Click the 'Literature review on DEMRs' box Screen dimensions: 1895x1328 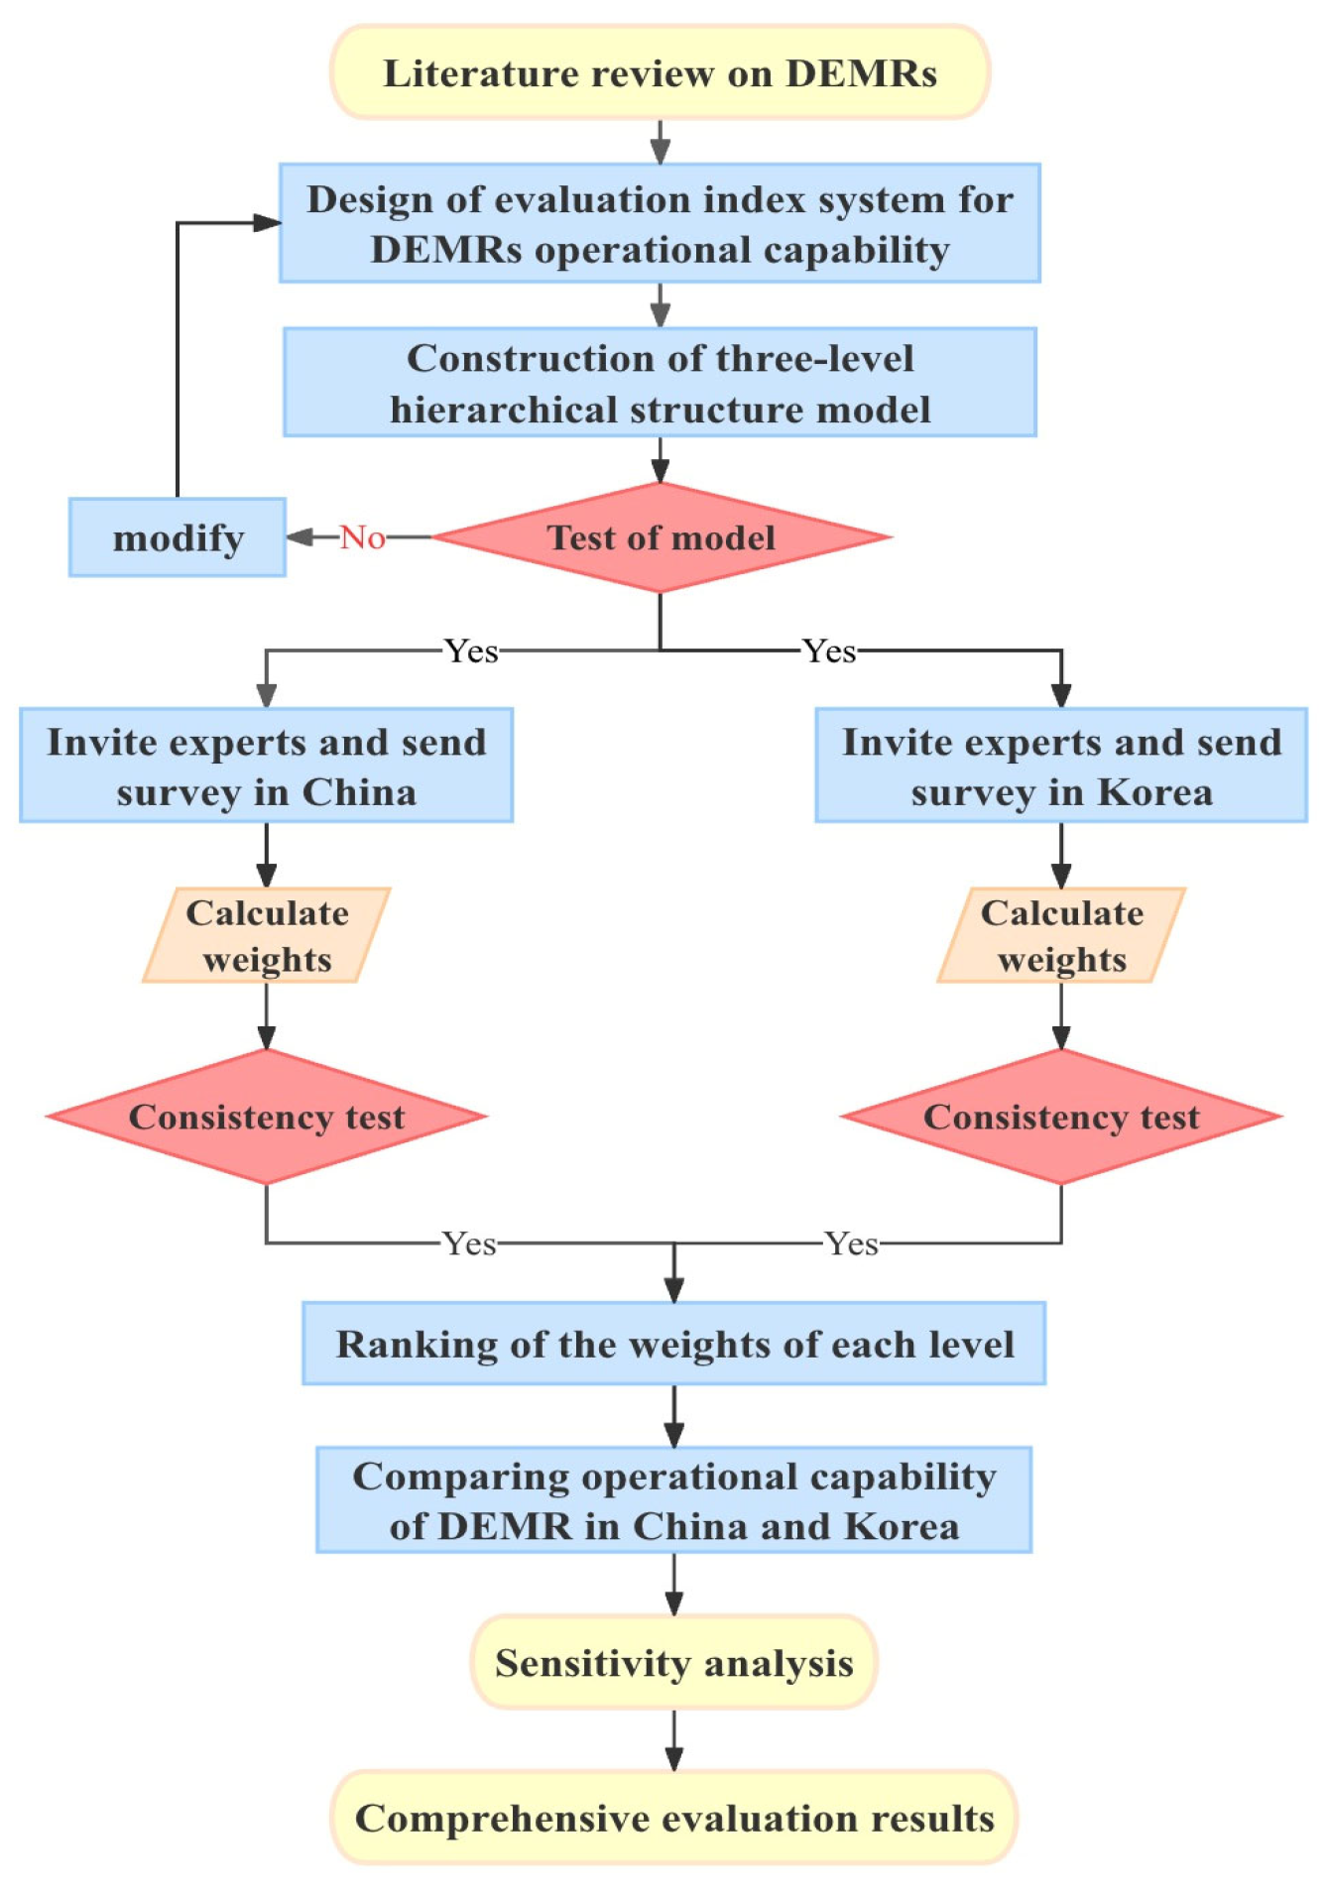pos(660,72)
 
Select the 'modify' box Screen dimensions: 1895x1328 pos(178,537)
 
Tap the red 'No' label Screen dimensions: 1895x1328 pos(362,537)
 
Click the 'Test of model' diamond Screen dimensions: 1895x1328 pos(661,537)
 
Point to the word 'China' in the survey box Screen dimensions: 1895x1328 pos(359,792)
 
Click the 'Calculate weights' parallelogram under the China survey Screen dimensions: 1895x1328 pos(267,935)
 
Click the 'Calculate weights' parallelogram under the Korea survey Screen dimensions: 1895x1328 pos(1061,935)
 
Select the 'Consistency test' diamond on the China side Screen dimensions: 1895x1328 pos(267,1117)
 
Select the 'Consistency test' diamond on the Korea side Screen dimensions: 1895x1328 pos(1061,1117)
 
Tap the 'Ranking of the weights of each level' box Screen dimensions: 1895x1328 pos(674,1344)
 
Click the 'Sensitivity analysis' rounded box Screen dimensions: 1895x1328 pos(674,1663)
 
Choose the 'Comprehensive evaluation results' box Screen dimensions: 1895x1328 pos(674,1818)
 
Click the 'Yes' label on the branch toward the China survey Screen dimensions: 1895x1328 pos(471,651)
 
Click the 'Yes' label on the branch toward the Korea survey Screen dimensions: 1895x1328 pos(829,651)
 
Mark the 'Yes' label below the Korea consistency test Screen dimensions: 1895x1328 pos(851,1244)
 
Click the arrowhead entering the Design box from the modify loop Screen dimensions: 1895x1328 pos(267,223)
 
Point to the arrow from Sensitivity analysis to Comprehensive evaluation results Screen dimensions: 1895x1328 pos(674,1740)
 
